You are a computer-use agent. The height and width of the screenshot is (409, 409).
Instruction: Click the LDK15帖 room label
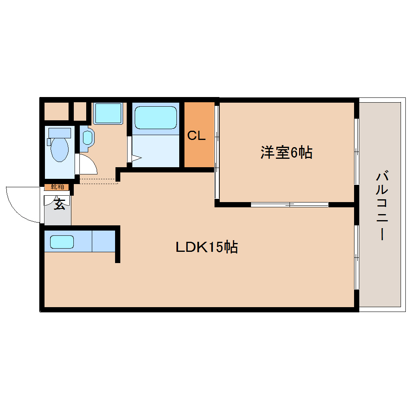(207, 247)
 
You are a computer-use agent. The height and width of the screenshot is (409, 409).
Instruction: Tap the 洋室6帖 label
(286, 153)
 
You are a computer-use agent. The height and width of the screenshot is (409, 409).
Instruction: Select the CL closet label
(196, 136)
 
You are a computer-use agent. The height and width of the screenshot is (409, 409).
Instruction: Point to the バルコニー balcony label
(383, 206)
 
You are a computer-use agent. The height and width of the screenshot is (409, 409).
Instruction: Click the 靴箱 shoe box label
(57, 186)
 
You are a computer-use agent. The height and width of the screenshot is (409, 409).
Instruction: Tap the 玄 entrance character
(59, 204)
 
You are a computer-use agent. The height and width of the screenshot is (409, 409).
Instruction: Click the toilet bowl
(60, 150)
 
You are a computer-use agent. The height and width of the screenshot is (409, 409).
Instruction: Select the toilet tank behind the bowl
(59, 132)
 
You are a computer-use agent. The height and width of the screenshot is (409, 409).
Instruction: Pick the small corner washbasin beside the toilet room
(87, 138)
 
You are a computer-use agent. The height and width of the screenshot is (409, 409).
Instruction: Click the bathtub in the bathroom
(156, 117)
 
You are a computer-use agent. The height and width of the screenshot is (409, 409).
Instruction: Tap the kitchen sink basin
(62, 242)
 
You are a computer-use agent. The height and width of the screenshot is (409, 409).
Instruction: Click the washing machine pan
(107, 113)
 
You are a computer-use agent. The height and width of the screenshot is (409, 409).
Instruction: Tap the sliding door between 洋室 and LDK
(290, 204)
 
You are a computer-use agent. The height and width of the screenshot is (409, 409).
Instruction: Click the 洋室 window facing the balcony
(356, 151)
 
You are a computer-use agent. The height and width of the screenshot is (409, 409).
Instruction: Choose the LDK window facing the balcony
(356, 257)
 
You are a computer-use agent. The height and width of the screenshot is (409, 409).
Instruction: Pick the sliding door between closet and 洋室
(217, 152)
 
